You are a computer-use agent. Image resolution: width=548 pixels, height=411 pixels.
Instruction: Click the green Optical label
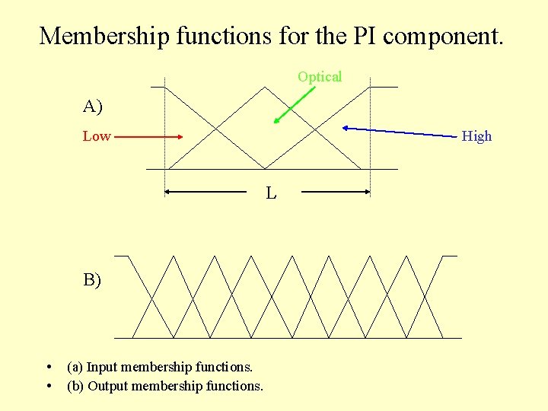coord(320,77)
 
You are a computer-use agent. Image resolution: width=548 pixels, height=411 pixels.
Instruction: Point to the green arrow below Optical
coord(295,104)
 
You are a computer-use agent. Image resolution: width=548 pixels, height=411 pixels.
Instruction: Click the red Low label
coord(97,136)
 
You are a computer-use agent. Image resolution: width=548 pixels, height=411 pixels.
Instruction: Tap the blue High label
coord(477,136)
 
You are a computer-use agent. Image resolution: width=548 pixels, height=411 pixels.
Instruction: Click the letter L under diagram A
coord(271,193)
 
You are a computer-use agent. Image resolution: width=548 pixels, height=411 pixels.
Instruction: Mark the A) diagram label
coord(93,107)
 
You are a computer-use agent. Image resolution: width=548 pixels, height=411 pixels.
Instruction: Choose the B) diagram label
coord(92,280)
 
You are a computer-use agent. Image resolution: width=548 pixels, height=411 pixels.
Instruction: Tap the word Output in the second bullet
coord(107,386)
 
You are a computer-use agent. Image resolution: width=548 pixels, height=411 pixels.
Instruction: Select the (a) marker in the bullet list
coord(75,368)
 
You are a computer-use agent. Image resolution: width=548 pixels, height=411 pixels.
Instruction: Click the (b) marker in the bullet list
coord(76,386)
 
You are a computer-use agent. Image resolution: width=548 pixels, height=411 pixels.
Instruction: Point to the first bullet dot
coord(49,368)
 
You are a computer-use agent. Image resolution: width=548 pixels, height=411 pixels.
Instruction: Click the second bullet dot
coord(49,386)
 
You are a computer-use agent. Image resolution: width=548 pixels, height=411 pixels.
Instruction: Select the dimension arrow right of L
coord(336,193)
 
